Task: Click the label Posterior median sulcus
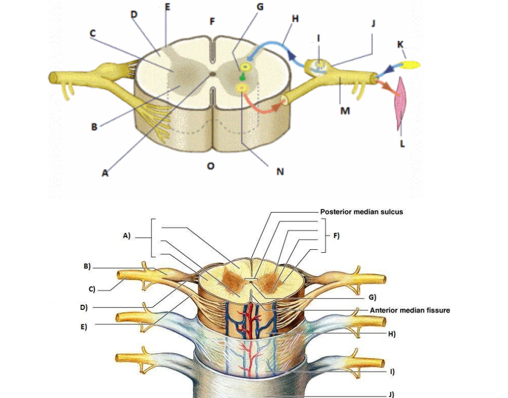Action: click(361, 212)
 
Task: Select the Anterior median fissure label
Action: click(410, 310)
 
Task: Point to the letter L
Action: click(402, 144)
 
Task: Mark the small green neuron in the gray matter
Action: click(241, 77)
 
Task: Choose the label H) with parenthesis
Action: click(392, 334)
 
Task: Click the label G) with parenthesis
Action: click(372, 297)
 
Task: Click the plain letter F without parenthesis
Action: click(212, 22)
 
